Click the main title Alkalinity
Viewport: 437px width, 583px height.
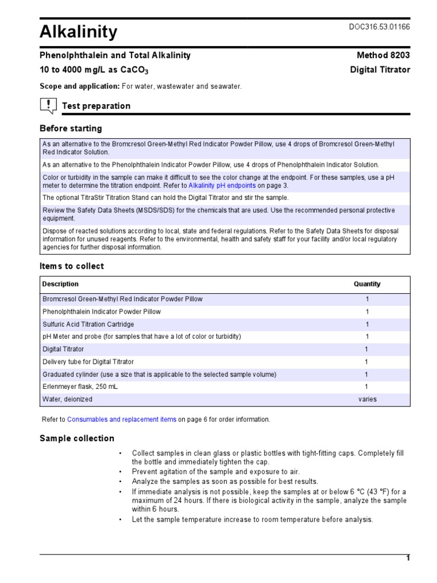(79, 32)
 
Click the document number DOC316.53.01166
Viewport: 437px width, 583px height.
(379, 27)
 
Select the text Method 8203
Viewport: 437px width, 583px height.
(383, 55)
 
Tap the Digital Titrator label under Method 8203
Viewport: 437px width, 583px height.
(380, 70)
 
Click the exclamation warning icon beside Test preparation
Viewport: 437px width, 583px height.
(48, 105)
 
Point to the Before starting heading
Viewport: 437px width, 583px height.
(71, 128)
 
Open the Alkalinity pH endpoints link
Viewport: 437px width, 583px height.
(222, 186)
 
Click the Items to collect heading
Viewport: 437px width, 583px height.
(72, 266)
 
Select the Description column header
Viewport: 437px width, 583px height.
(60, 284)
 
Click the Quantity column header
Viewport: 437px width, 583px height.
(367, 284)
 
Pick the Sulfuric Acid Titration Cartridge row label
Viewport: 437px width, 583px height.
(88, 324)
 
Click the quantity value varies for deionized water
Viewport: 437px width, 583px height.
(367, 399)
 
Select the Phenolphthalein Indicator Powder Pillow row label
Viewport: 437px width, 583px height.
(101, 311)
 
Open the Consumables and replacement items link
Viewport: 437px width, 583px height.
(121, 420)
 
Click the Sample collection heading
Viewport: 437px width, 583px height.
(76, 438)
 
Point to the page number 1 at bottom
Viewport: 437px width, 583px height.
(407, 558)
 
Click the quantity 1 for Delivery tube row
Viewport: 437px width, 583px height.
(367, 362)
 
